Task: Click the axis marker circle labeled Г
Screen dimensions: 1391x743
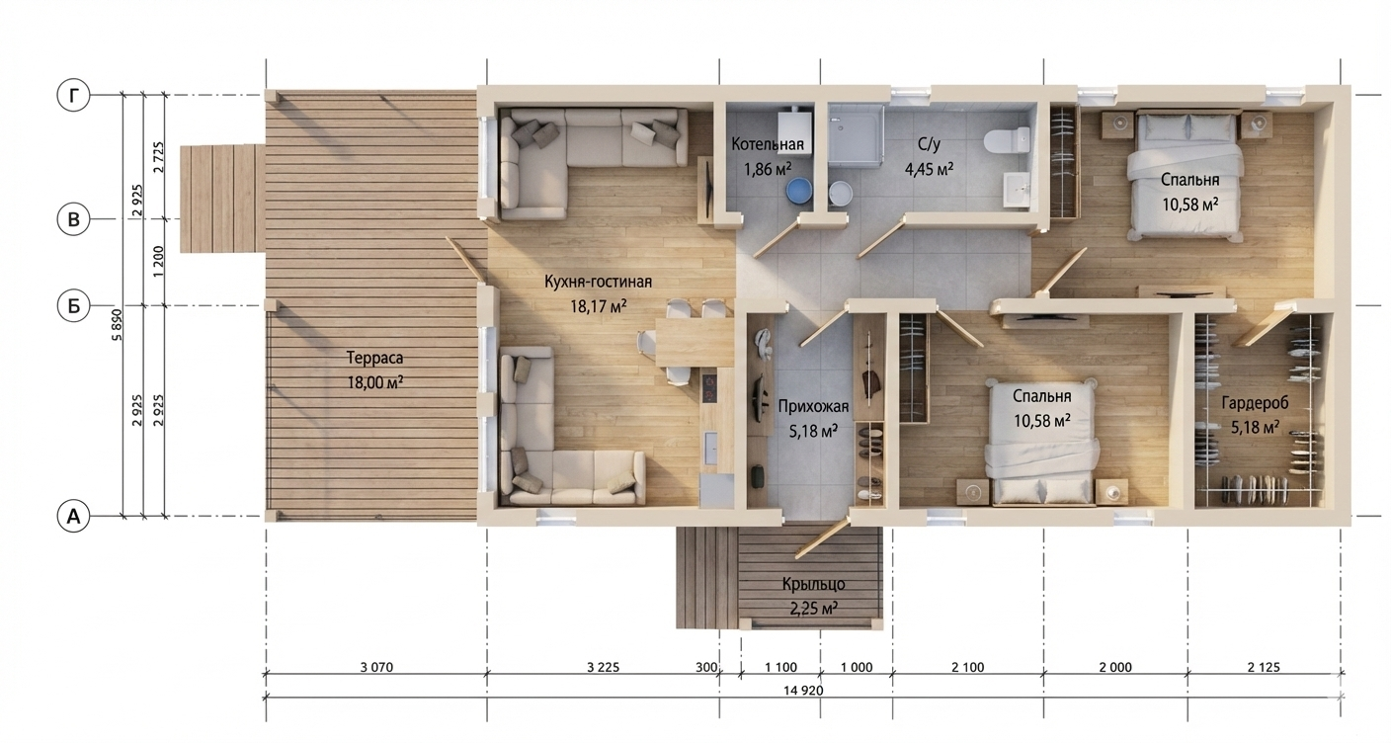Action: [x=73, y=96]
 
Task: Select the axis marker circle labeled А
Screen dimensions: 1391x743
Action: [x=73, y=516]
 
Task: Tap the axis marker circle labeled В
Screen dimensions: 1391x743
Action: [x=73, y=219]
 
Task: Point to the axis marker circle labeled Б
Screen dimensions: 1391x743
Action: [x=73, y=305]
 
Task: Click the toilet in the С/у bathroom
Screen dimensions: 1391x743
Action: [x=1007, y=139]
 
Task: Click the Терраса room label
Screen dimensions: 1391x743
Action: [x=375, y=358]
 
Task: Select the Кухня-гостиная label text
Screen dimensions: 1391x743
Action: [x=598, y=282]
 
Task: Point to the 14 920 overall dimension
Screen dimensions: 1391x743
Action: [x=802, y=690]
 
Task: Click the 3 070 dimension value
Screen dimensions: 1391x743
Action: [x=377, y=667]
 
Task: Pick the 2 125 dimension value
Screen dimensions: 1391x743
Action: [x=1264, y=667]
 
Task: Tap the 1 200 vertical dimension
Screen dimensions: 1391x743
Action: [x=158, y=262]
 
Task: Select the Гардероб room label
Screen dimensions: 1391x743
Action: [x=1255, y=402]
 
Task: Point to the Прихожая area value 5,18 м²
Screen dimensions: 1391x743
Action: [x=813, y=430]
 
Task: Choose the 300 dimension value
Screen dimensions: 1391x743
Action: [x=706, y=667]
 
